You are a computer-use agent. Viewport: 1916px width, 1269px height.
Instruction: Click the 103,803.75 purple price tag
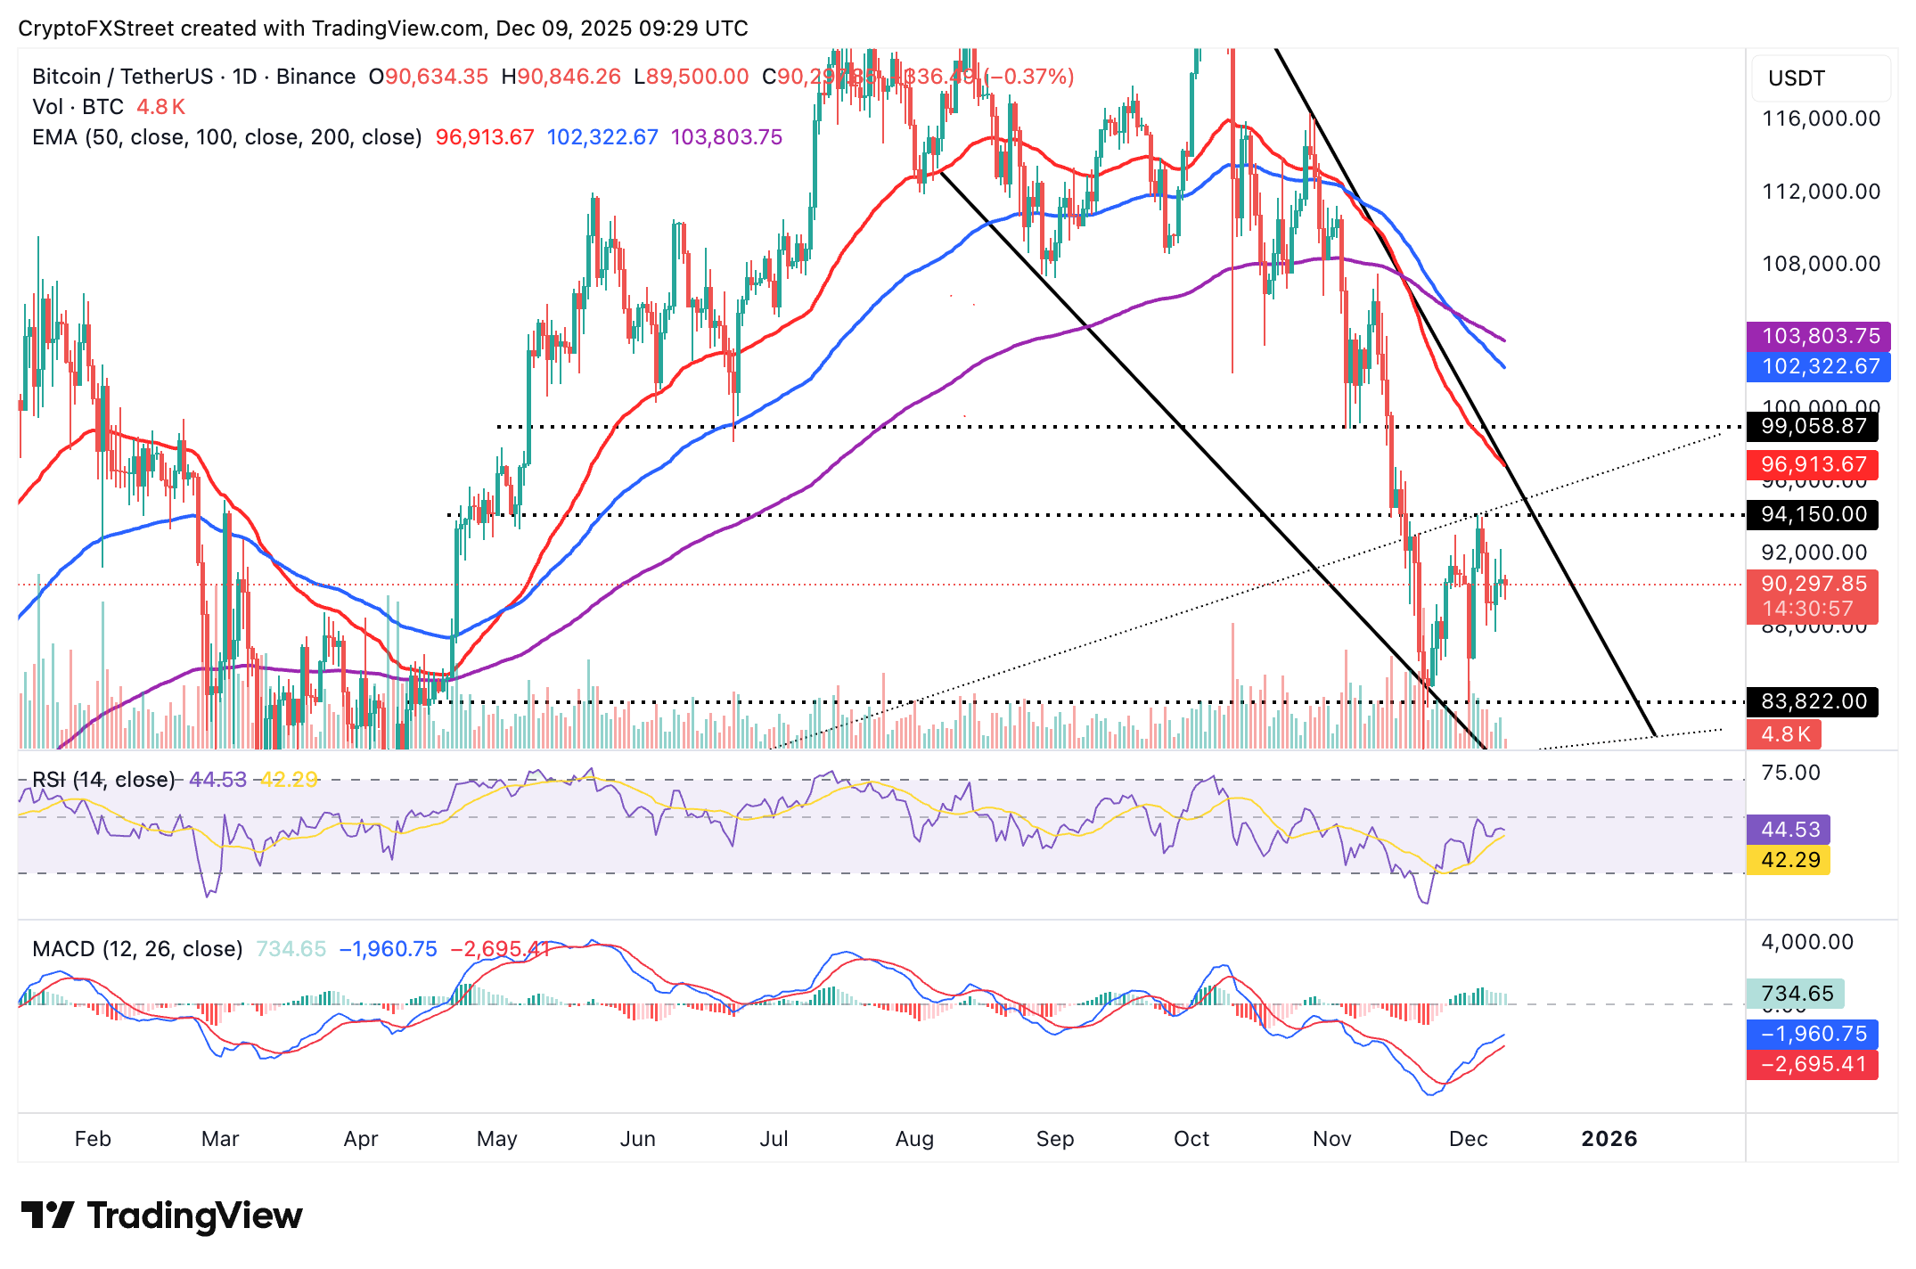tap(1818, 336)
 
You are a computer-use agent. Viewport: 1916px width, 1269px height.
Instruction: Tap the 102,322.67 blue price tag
tap(1818, 366)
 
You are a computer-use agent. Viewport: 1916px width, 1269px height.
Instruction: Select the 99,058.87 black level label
tap(1813, 426)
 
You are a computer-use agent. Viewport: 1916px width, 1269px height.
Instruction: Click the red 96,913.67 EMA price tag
tap(1813, 464)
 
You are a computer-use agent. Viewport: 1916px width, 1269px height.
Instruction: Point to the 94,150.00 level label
tap(1813, 514)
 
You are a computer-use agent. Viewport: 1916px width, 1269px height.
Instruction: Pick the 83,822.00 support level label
tap(1813, 701)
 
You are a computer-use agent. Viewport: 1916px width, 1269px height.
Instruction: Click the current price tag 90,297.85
tap(1813, 585)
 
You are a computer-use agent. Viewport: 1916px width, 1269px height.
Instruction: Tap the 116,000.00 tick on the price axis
tap(1821, 119)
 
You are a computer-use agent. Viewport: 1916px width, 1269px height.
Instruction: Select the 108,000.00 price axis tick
tap(1821, 264)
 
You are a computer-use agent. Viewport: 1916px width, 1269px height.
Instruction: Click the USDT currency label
tap(1796, 78)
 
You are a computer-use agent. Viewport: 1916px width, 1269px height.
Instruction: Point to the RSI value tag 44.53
tap(1789, 830)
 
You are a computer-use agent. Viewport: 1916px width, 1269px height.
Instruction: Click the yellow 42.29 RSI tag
tap(1789, 860)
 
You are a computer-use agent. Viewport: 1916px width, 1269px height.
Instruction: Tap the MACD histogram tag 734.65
tap(1796, 994)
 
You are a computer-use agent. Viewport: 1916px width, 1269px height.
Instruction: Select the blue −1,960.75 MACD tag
tap(1813, 1034)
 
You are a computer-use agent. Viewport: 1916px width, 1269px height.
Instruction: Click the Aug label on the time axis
tap(914, 1139)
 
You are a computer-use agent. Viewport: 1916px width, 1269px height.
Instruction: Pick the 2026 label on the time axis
tap(1609, 1139)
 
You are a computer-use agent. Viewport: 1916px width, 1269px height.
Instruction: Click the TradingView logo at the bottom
tap(161, 1216)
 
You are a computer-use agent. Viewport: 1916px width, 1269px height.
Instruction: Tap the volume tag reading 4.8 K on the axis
tap(1784, 734)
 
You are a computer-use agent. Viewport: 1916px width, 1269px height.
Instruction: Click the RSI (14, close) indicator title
tap(103, 780)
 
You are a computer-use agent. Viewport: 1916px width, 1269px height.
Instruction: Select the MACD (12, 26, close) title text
tap(137, 949)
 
